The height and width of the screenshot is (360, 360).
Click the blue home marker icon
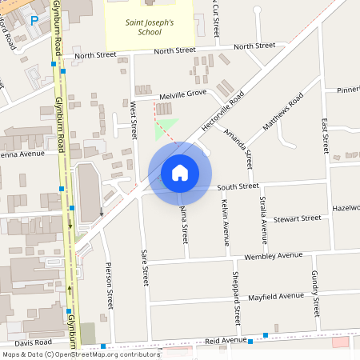tap(180, 173)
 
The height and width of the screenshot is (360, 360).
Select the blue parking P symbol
tap(34, 21)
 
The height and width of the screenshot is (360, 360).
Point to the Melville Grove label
tap(182, 94)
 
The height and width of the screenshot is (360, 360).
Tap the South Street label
tap(238, 186)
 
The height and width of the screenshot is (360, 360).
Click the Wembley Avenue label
tap(274, 256)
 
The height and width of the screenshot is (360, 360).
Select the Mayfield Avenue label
tap(275, 296)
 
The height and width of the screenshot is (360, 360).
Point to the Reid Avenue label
tap(226, 340)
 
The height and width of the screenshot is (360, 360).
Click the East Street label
tap(324, 136)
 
